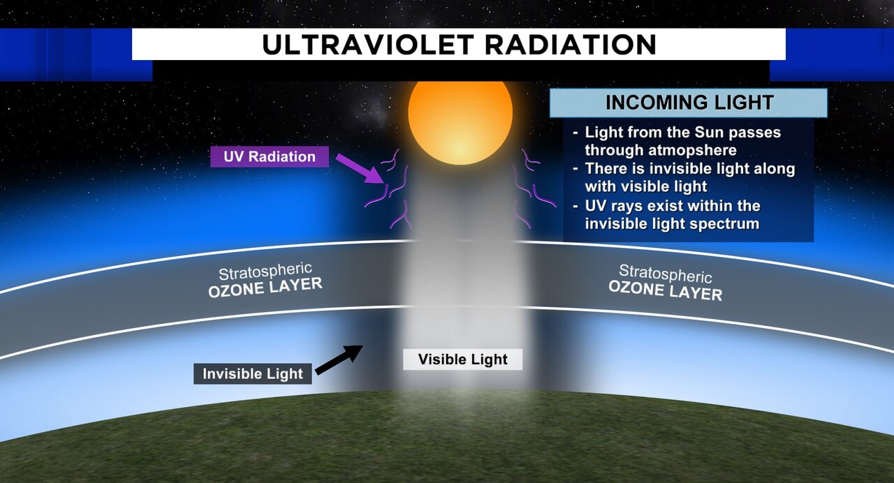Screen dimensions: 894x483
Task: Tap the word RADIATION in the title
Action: [x=571, y=45]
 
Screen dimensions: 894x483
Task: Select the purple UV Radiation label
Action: [x=270, y=157]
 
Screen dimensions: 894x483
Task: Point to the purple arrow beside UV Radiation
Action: [x=360, y=169]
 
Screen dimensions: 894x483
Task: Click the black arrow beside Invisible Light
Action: [x=339, y=359]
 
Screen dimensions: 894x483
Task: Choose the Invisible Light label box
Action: [x=253, y=373]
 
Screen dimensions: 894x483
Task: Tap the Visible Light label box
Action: [x=462, y=359]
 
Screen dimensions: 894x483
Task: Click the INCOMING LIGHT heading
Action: [x=689, y=103]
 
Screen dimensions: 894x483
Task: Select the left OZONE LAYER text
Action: [x=265, y=288]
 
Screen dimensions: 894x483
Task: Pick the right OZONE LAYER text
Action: [x=666, y=290]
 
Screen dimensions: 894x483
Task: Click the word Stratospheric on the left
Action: [x=265, y=272]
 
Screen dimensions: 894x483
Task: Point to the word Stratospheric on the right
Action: [x=666, y=273]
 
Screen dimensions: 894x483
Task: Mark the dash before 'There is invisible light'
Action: [x=575, y=169]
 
